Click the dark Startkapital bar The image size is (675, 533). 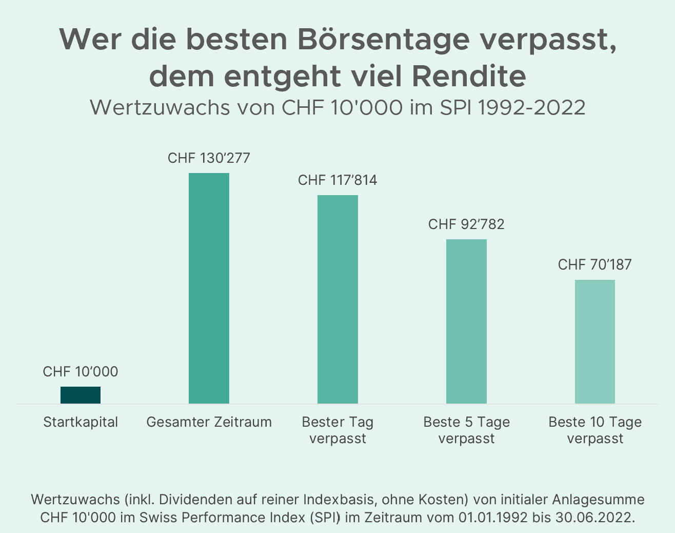click(x=81, y=395)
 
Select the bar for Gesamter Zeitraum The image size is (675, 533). click(x=209, y=288)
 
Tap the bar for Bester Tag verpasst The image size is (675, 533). click(x=337, y=299)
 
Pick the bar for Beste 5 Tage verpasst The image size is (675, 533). click(x=466, y=321)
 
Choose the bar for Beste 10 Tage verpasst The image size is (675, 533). click(x=594, y=341)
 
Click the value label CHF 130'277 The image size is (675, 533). click(x=209, y=158)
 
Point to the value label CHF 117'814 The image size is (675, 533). click(x=337, y=180)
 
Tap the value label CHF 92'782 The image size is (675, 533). click(x=466, y=224)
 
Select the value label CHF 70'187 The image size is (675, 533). click(x=594, y=265)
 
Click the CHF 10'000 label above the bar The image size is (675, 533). click(x=81, y=372)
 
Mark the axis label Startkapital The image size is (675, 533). click(x=81, y=422)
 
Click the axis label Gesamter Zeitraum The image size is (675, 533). click(x=209, y=422)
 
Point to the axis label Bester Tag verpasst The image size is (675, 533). click(x=337, y=430)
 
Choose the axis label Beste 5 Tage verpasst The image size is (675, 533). click(x=466, y=430)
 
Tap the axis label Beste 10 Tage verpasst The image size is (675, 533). click(x=594, y=430)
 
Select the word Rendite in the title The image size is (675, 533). click(x=468, y=76)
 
